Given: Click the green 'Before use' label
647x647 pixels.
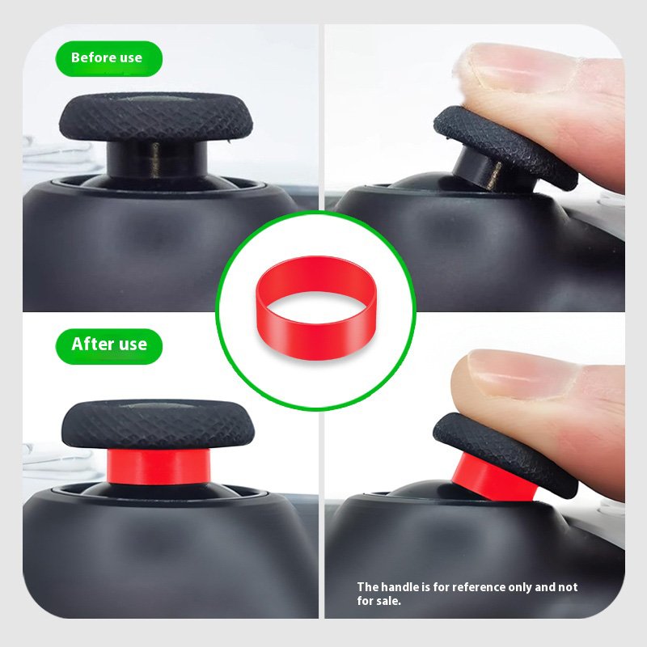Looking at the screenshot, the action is coord(109,58).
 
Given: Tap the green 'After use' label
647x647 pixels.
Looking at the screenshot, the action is coord(109,346).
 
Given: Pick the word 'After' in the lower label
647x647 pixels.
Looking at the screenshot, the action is coord(91,344).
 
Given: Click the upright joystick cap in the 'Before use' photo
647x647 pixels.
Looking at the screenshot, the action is coord(156,116).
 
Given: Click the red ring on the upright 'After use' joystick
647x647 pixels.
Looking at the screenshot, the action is coord(159,467).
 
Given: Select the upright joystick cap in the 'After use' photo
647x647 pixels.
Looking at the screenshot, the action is coord(158,424).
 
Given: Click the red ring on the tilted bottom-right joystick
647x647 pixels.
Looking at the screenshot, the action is coord(493,479).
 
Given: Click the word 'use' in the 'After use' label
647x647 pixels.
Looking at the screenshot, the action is coord(131,345).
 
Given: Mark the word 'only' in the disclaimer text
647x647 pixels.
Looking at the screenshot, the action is coord(520,588).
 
